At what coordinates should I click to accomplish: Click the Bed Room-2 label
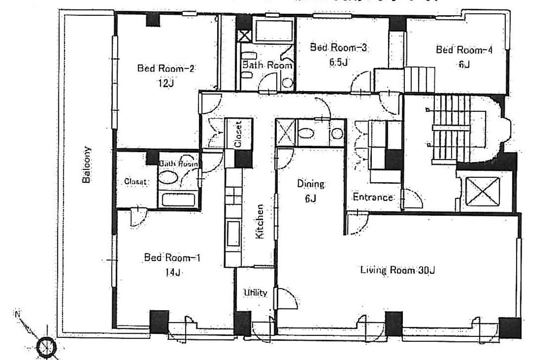pos(166,69)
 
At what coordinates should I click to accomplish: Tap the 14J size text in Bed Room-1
pos(172,273)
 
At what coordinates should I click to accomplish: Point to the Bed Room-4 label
pos(464,50)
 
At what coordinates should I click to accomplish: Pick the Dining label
pos(311,184)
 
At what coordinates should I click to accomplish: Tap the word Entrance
pos(373,197)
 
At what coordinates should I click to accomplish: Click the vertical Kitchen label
pos(260,221)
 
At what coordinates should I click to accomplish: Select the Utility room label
pos(256,293)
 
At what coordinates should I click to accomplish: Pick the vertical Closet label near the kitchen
pos(238,135)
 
